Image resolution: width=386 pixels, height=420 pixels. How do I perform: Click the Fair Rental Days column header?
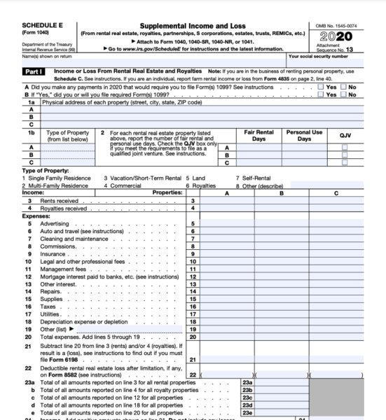click(259, 135)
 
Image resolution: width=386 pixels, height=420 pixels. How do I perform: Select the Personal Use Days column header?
click(304, 135)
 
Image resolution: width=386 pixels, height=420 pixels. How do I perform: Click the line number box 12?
click(193, 276)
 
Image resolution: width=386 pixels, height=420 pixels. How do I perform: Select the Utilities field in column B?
click(281, 314)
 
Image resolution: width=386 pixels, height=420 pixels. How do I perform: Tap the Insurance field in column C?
click(336, 253)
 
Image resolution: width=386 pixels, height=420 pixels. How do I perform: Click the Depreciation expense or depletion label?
click(81, 321)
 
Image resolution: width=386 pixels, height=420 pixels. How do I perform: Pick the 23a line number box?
click(247, 383)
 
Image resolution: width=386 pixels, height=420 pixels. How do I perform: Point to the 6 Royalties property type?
click(201, 185)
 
